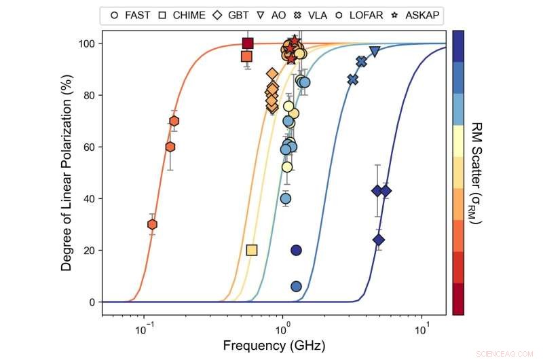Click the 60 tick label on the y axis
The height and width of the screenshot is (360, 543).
[x=88, y=147]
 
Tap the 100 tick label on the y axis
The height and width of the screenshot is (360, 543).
[x=86, y=43]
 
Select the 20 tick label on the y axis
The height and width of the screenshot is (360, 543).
[x=88, y=250]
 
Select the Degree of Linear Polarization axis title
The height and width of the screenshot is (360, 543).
[x=67, y=173]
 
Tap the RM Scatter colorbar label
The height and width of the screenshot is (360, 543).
[x=476, y=173]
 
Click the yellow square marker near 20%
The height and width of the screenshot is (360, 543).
[x=252, y=250]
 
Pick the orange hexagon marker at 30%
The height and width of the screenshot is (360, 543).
[x=153, y=224]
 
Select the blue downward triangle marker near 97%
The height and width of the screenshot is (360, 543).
[x=375, y=52]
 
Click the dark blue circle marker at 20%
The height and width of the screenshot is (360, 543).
[x=296, y=250]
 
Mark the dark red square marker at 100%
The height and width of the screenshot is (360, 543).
[x=248, y=43]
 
